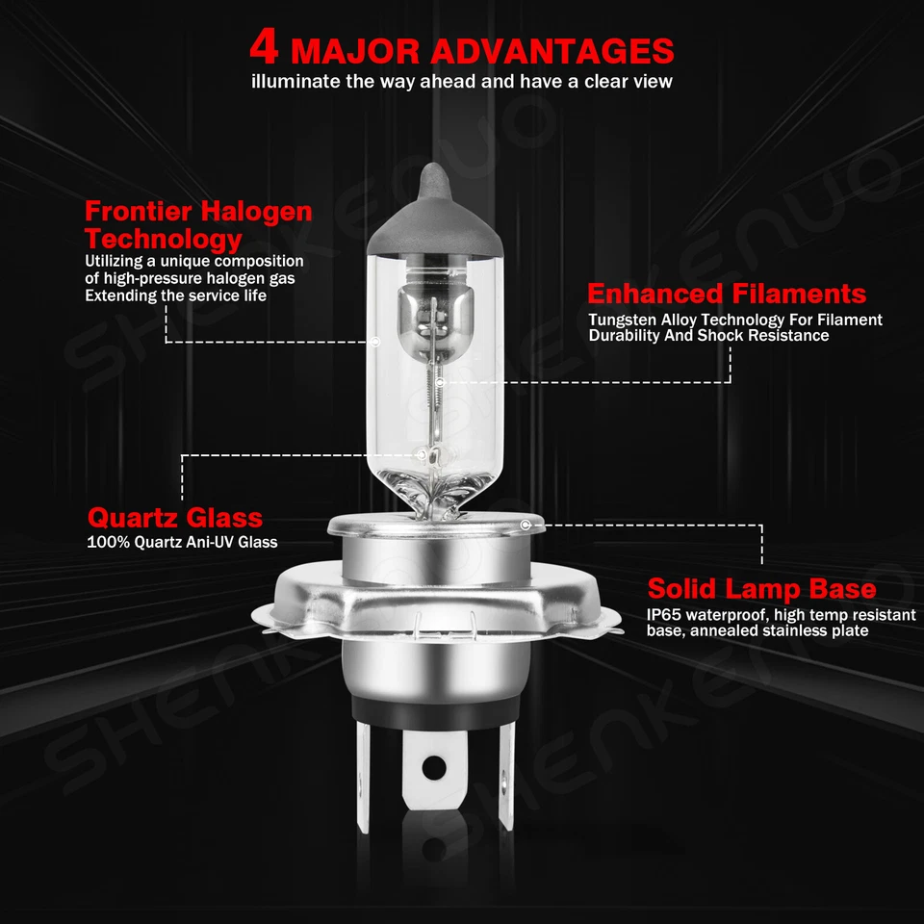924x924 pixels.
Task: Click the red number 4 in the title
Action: [x=266, y=48]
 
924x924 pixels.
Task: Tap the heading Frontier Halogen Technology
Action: [x=198, y=224]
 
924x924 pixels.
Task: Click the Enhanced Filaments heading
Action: [x=727, y=294]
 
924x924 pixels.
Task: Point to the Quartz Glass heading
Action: [x=175, y=518]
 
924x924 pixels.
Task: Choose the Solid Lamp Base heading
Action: [x=761, y=588]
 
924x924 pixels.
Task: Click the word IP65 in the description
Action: [x=665, y=614]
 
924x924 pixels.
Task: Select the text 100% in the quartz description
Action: [x=104, y=542]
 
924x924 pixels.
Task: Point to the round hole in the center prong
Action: [x=435, y=767]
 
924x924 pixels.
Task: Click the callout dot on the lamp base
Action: [x=526, y=525]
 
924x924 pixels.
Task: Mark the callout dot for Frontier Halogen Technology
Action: [x=375, y=342]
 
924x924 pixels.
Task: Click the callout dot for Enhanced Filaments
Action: [x=439, y=382]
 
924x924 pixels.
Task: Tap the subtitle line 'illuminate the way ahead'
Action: [x=462, y=82]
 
